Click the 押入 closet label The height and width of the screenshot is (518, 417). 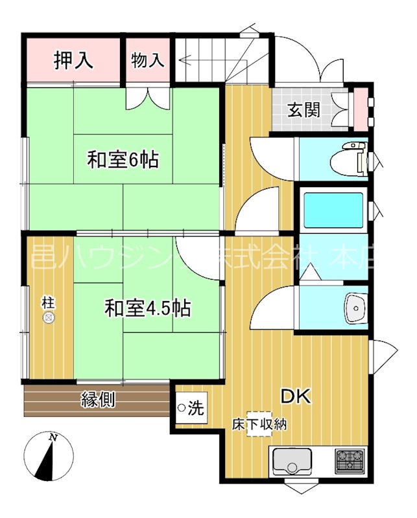click(x=73, y=61)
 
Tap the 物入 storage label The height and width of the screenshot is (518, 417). click(x=148, y=61)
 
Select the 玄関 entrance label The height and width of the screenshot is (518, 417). click(x=304, y=109)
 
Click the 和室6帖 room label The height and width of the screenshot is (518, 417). click(x=123, y=159)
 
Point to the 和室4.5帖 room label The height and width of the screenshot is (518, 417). click(x=148, y=308)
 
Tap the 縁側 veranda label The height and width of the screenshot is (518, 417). click(x=99, y=400)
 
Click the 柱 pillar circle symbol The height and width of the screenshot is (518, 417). click(x=48, y=317)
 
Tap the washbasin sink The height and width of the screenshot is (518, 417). click(x=356, y=308)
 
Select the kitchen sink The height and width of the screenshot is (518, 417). click(x=291, y=462)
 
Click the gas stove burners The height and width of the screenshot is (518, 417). click(x=350, y=462)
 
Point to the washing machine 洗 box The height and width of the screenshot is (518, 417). click(x=191, y=408)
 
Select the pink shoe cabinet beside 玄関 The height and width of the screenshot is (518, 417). click(x=360, y=110)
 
